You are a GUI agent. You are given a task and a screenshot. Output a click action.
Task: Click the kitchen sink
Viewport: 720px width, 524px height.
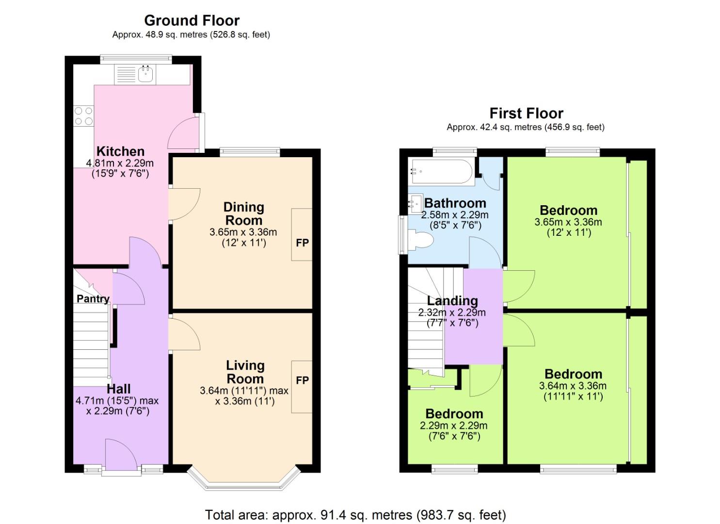pos(145,74)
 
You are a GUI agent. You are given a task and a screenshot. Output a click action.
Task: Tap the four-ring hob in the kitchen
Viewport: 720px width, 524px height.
pos(83,116)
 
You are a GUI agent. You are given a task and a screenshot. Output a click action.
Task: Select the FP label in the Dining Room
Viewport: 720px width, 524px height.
pos(302,243)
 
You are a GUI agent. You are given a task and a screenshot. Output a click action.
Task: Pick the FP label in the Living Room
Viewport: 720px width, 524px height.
pos(302,380)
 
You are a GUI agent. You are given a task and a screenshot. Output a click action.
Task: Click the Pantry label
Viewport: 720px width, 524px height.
pos(93,298)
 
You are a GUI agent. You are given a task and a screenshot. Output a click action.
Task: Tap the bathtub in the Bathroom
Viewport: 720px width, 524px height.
pos(440,171)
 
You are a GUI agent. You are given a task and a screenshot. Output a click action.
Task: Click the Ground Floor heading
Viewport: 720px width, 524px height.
pos(192,20)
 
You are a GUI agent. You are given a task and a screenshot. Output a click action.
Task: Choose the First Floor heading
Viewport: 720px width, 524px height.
pos(526,113)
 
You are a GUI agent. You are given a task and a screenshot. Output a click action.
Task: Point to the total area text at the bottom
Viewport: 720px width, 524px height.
pos(355,515)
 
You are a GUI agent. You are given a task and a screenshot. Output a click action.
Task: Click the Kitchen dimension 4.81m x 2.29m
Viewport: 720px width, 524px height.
pos(120,163)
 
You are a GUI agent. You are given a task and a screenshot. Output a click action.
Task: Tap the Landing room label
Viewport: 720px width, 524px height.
pos(452,301)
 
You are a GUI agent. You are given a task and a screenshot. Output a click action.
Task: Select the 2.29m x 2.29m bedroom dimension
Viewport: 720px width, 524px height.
pos(453,426)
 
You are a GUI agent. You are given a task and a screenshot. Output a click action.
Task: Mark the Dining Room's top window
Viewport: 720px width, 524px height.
pos(250,152)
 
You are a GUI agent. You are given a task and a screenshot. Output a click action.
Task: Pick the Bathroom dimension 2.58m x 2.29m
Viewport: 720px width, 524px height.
pos(454,214)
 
